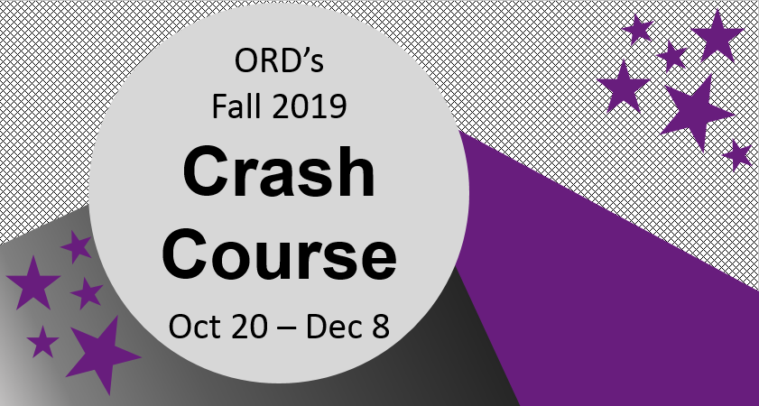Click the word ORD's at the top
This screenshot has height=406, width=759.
coord(278,65)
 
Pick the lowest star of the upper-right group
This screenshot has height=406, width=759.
coord(737,155)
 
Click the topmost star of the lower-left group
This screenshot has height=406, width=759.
coord(76,245)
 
